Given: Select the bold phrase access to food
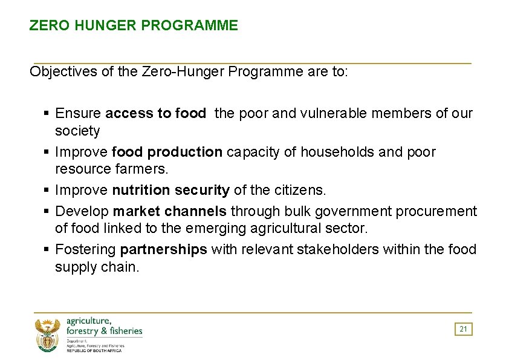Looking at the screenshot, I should (x=155, y=113).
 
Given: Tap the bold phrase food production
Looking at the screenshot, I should (x=167, y=152).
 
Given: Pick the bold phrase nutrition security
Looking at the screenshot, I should (x=171, y=190).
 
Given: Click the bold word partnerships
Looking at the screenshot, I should (x=164, y=249).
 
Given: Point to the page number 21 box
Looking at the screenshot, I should (x=463, y=329).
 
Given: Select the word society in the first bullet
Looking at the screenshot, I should (x=77, y=131).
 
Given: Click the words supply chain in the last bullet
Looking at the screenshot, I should (x=97, y=267).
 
